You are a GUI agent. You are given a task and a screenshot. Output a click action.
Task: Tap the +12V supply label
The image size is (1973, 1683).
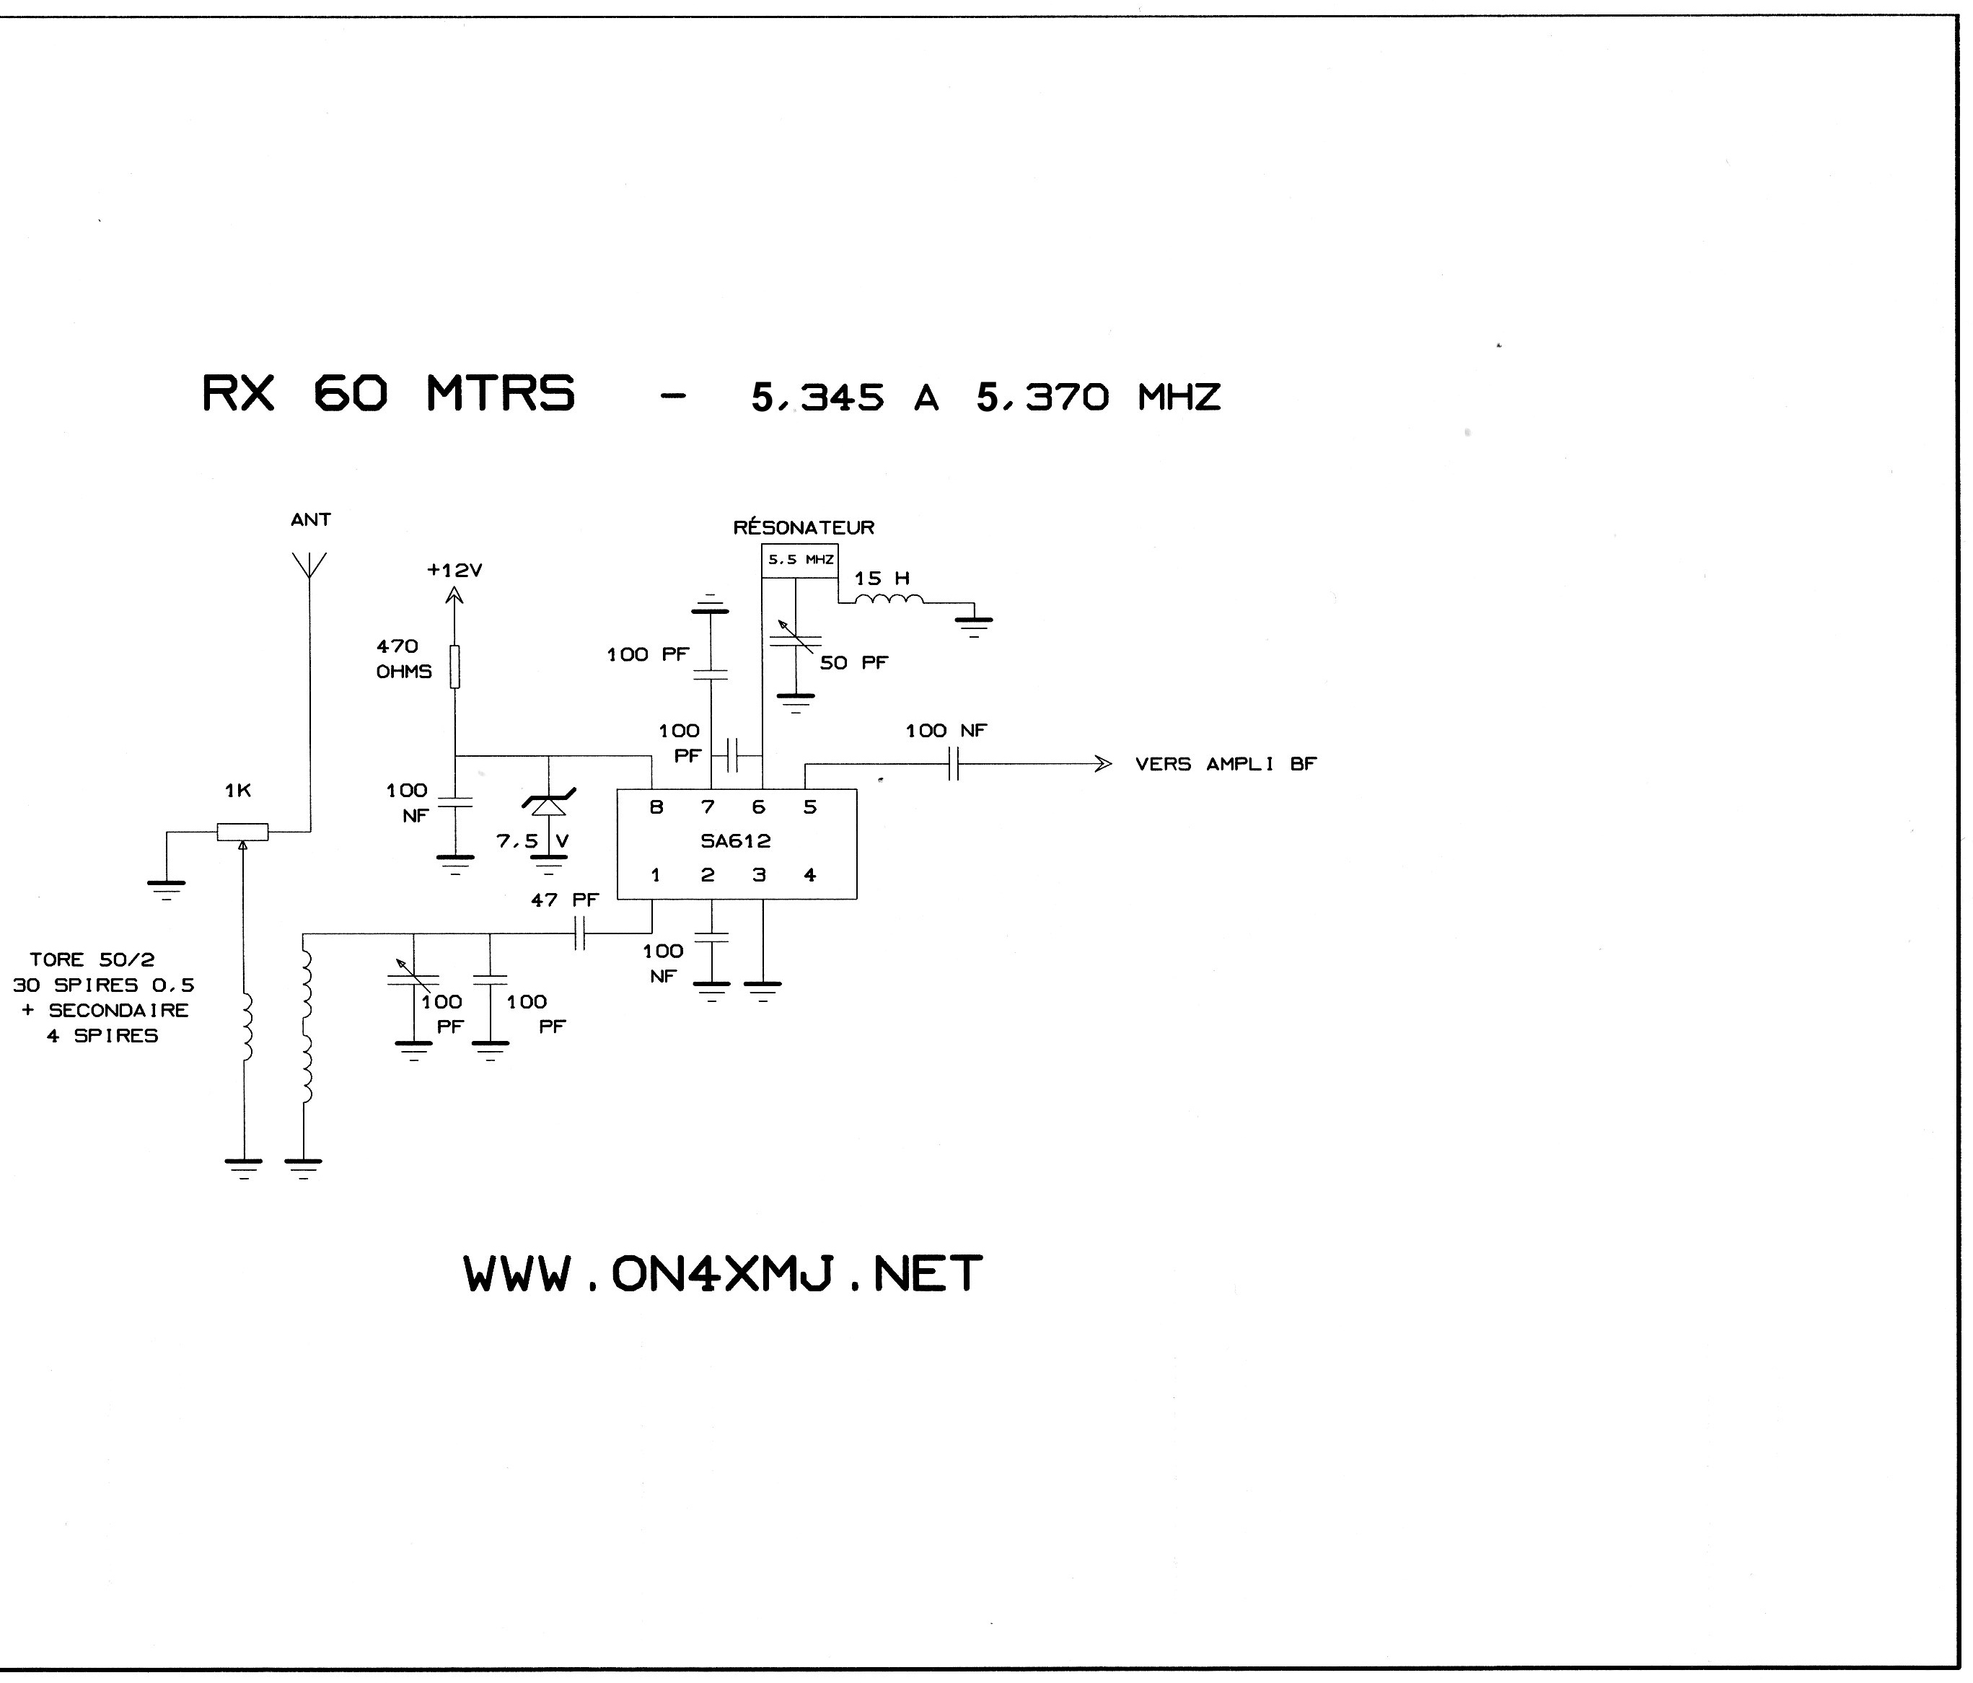pyautogui.click(x=454, y=571)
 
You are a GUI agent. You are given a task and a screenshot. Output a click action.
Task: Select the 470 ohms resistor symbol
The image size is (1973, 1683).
pyautogui.click(x=455, y=667)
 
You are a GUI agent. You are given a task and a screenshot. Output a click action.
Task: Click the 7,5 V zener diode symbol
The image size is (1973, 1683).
pyautogui.click(x=548, y=805)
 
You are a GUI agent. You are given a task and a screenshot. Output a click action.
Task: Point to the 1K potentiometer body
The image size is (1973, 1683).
pyautogui.click(x=243, y=832)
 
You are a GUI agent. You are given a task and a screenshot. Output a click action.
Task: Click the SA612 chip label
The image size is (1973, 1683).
pyautogui.click(x=735, y=842)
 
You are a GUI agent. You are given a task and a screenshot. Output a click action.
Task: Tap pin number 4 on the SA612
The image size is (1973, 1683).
pyautogui.click(x=809, y=875)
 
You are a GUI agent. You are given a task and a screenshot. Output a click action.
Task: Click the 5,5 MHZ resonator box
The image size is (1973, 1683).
pyautogui.click(x=800, y=560)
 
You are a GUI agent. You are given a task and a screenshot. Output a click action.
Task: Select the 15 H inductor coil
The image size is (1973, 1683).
pyautogui.click(x=889, y=599)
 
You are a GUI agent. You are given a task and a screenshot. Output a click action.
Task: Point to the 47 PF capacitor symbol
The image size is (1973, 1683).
pyautogui.click(x=580, y=934)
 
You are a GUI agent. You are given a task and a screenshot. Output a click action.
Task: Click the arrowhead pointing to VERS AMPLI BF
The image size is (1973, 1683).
pyautogui.click(x=1103, y=764)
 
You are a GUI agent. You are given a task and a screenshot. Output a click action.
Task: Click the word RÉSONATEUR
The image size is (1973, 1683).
pyautogui.click(x=804, y=527)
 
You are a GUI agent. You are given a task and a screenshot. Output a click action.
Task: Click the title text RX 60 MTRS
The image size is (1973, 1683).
pyautogui.click(x=389, y=392)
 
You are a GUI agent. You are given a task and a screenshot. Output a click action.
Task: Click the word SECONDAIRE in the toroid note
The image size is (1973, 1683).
pyautogui.click(x=119, y=1011)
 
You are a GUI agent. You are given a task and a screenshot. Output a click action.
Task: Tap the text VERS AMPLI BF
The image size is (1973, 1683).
pyautogui.click(x=1226, y=764)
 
